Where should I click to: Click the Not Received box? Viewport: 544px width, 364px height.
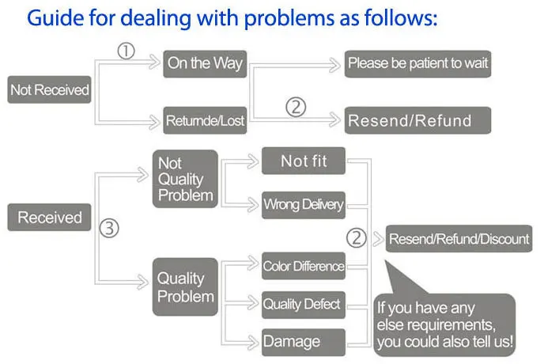coord(49,89)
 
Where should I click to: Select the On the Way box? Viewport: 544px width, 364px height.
coord(205,64)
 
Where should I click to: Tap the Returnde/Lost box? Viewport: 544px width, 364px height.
coord(205,120)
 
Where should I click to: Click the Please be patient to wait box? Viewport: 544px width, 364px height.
coord(417,64)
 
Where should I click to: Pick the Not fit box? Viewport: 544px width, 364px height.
coord(304,161)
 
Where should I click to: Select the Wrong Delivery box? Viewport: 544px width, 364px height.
coord(304,205)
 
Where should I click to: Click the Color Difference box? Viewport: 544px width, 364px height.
coord(304,266)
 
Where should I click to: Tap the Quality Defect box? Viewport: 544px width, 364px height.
coord(304,305)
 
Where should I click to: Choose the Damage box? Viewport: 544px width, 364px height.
coord(304,342)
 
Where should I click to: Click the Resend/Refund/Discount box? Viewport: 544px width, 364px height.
coord(459,239)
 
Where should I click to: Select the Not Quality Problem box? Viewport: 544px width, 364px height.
coord(185,179)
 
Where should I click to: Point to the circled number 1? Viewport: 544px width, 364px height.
coord(126,51)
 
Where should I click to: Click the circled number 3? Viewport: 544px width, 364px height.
coord(109,228)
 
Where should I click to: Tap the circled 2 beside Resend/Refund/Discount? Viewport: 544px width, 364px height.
coord(357,238)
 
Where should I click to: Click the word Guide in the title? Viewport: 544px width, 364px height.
coord(55,18)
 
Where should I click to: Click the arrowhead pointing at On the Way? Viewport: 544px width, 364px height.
coord(154,62)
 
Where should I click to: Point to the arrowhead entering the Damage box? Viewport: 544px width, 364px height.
coord(253,342)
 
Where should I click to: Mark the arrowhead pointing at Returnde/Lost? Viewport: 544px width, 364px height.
coord(154,122)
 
